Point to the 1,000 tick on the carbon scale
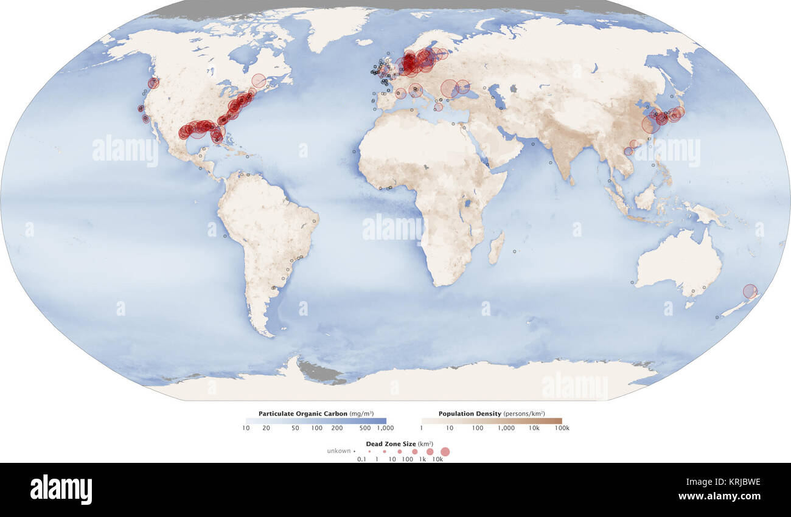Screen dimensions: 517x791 [x=385, y=428]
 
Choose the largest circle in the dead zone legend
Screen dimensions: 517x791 [x=445, y=451]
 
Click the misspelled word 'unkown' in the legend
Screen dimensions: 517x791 [x=339, y=451]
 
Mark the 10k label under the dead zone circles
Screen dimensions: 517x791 [x=437, y=459]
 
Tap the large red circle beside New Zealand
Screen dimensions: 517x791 [x=750, y=291]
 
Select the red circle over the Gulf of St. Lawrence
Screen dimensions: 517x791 [x=259, y=81]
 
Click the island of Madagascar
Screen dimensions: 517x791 [x=496, y=249]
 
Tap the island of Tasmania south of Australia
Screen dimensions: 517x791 [x=689, y=304]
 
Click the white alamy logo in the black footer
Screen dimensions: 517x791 [x=61, y=490]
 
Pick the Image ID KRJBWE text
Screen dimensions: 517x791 [x=728, y=482]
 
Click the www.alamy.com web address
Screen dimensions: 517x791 [x=728, y=496]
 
